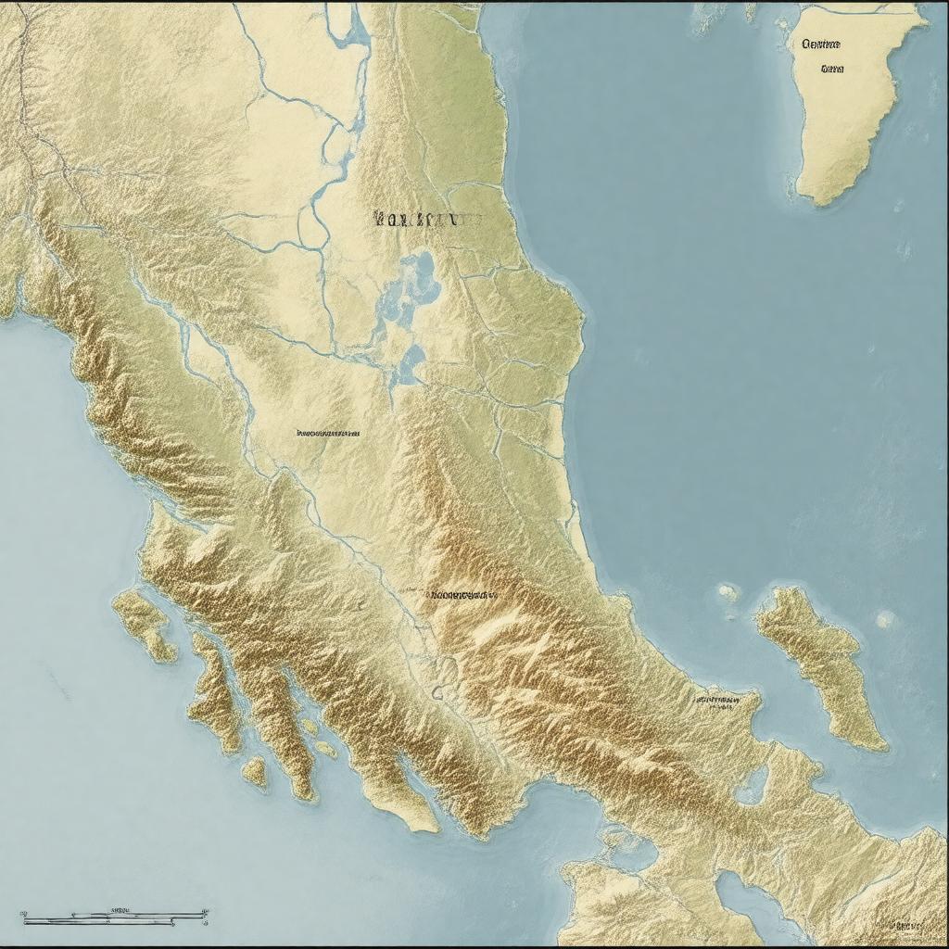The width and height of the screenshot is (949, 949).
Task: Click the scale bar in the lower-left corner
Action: [114, 917]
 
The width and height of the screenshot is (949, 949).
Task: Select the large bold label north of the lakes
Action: [426, 220]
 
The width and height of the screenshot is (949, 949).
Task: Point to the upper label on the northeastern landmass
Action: [821, 44]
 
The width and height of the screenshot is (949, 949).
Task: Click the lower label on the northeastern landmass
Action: [832, 68]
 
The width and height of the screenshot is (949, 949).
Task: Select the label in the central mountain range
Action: [462, 593]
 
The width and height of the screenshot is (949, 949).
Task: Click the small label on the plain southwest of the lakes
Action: [327, 433]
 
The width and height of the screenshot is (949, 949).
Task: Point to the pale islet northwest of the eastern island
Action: [728, 590]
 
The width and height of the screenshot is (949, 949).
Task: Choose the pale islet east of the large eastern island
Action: [885, 618]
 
